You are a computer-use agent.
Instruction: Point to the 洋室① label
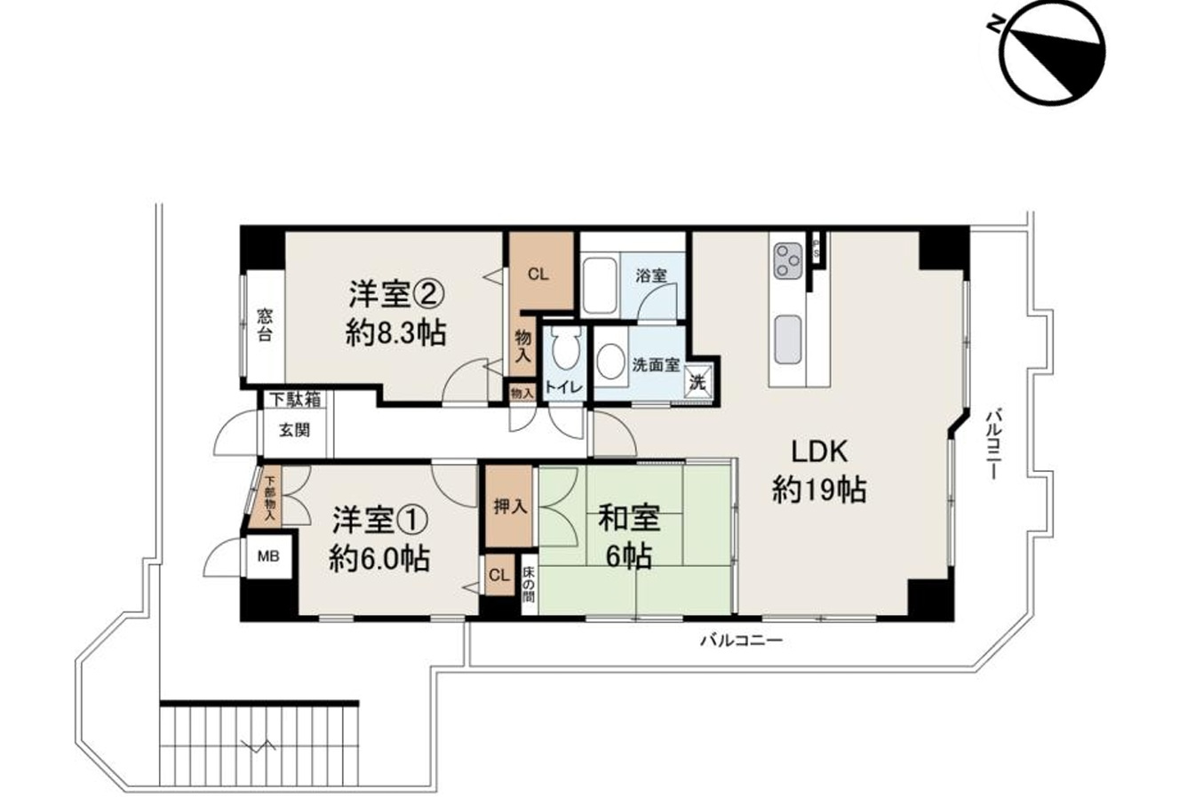pyautogui.click(x=380, y=538)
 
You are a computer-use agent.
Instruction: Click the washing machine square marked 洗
pyautogui.click(x=698, y=383)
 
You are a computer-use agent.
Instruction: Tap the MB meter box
pyautogui.click(x=267, y=557)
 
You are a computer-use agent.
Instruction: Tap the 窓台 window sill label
pyautogui.click(x=265, y=325)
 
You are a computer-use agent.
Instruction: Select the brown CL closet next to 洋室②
pyautogui.click(x=538, y=274)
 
